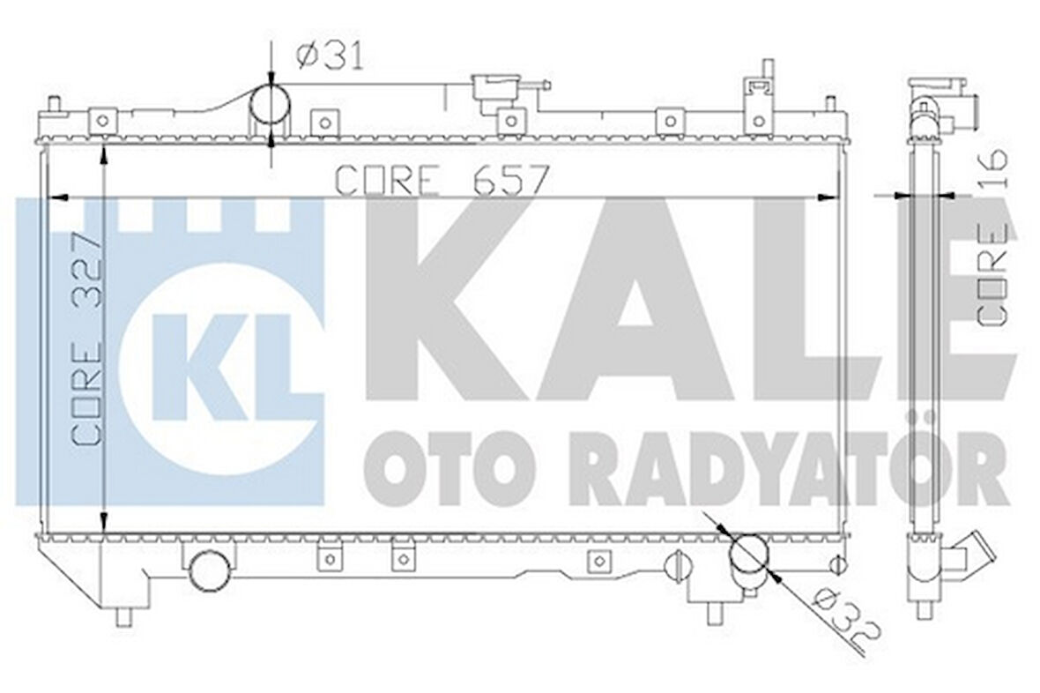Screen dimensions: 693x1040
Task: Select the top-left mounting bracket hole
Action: coord(104,118)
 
